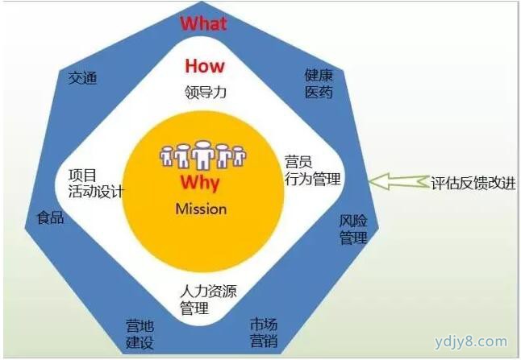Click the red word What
point(203,23)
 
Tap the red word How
point(205,65)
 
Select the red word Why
point(200,183)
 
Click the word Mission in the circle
point(201,209)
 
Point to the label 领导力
point(206,92)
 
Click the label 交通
point(82,78)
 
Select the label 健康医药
point(319,84)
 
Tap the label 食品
point(50,217)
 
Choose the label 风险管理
point(353,230)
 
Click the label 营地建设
point(140,334)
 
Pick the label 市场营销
point(264,332)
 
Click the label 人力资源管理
point(208,299)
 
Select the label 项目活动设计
point(96,183)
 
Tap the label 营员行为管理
point(313,170)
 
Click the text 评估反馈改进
point(473,183)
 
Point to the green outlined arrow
point(398,181)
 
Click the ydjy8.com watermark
point(471,341)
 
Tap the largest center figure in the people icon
point(202,155)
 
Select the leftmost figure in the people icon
point(166,156)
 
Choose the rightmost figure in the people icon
point(240,156)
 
